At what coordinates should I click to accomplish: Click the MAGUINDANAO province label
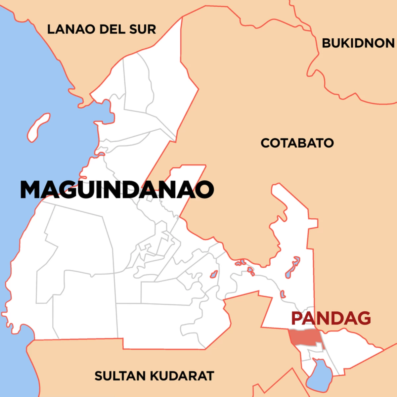coord(117,190)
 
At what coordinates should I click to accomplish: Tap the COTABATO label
coord(297,143)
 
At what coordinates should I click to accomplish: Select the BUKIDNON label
coord(358,43)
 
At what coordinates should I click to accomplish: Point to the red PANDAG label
coord(331,318)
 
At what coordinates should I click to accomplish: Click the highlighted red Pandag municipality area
coord(304,337)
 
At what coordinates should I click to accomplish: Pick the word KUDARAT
coord(183,376)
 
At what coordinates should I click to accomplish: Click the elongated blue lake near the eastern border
coord(292,267)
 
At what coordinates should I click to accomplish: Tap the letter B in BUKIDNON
coord(326,43)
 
